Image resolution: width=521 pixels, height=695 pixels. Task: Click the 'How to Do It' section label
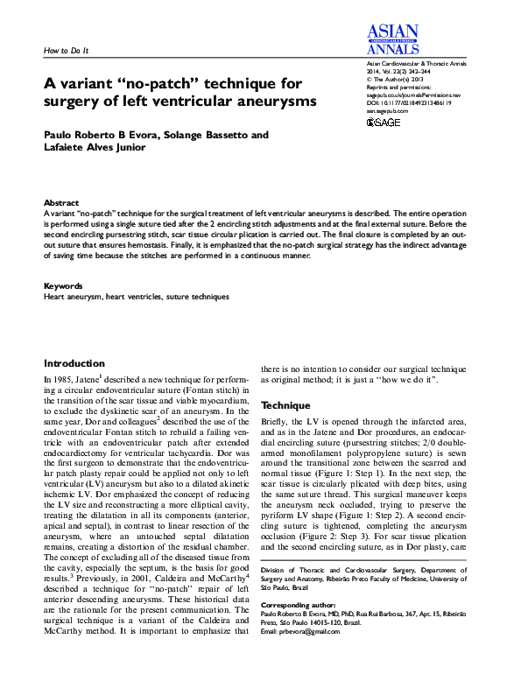(67, 51)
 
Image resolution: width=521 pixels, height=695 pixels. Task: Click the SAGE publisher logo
(382, 122)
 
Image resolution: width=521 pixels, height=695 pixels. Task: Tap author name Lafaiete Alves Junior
(99, 149)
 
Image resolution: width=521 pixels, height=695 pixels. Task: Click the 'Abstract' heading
(61, 202)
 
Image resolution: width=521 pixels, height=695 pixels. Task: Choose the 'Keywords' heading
(63, 286)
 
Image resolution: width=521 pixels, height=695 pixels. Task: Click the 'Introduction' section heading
(74, 363)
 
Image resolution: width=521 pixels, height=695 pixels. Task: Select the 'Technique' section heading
(285, 406)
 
